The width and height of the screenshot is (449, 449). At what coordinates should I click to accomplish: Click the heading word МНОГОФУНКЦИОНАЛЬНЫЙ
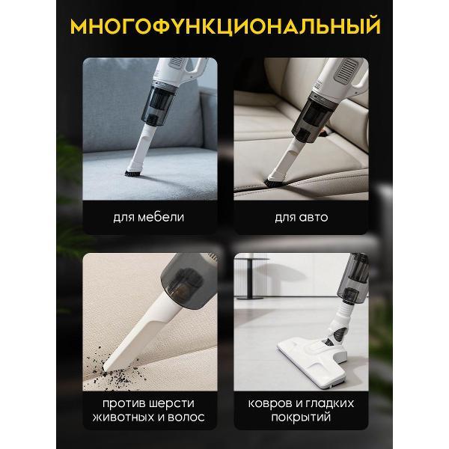[x=224, y=27]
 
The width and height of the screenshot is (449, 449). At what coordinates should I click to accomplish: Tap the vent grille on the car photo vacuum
[x=345, y=76]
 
